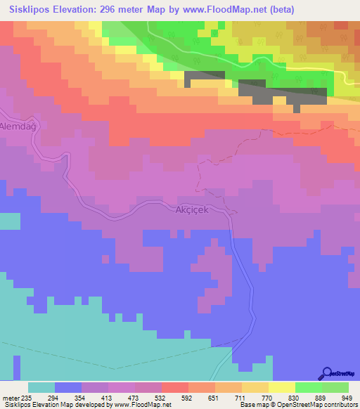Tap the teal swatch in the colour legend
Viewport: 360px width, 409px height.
[41, 387]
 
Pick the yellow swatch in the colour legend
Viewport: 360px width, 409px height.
[281, 387]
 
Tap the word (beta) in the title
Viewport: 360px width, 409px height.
[280, 10]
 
